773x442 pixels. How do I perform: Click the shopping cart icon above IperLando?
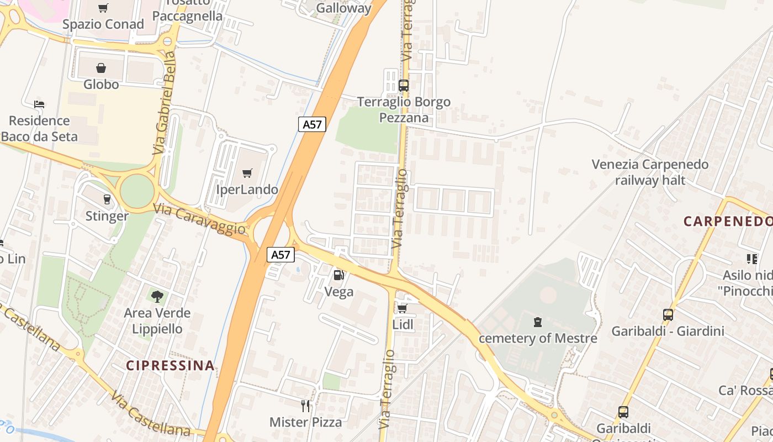(x=247, y=173)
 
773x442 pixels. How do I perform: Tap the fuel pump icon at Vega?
(x=338, y=275)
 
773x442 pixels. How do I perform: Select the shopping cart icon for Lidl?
(x=402, y=308)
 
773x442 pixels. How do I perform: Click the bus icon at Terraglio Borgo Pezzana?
(x=404, y=86)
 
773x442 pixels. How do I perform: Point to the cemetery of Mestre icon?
(x=537, y=322)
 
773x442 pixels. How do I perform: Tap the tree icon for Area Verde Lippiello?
(x=157, y=296)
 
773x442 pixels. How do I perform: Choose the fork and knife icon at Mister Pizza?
(x=305, y=406)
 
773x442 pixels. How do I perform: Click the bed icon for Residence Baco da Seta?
(x=39, y=104)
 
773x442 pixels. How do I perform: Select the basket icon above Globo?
(x=101, y=68)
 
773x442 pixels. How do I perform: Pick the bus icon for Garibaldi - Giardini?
(x=668, y=315)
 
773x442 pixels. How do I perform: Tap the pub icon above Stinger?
(x=107, y=199)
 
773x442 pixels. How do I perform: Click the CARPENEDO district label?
(x=728, y=222)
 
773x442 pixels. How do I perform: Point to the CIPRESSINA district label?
(x=170, y=365)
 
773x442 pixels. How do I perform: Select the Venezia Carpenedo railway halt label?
(x=650, y=172)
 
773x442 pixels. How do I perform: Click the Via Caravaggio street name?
(x=199, y=218)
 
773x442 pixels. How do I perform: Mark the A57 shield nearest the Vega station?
(x=280, y=255)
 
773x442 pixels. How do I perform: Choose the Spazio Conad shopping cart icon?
(x=103, y=8)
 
